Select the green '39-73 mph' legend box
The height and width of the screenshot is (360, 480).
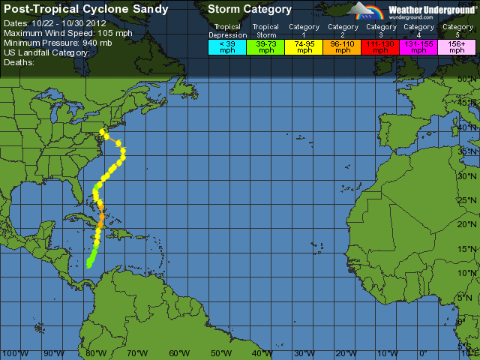click(265, 47)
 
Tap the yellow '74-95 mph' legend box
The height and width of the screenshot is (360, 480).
click(304, 47)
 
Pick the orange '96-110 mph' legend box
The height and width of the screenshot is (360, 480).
click(343, 47)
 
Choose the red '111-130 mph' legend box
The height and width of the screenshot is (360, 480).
click(382, 47)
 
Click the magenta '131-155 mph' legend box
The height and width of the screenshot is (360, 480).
click(419, 47)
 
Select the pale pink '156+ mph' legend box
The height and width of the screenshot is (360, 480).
click(457, 47)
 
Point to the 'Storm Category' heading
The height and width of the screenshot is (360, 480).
click(250, 10)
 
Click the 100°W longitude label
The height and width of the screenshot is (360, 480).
click(15, 353)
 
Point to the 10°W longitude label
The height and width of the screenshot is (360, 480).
click(386, 353)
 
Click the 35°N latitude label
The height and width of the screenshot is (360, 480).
click(468, 151)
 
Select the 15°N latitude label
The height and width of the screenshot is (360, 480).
click(468, 250)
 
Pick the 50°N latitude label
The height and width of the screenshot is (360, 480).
click(468, 78)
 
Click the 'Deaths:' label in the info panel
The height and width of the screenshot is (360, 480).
click(21, 63)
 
